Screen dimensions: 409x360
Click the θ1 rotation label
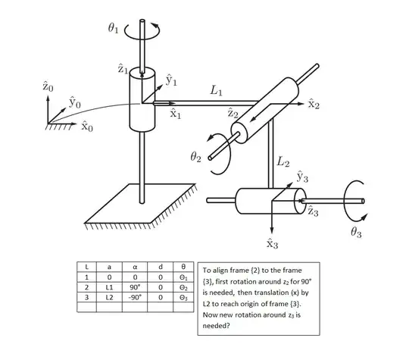pyautogui.click(x=113, y=28)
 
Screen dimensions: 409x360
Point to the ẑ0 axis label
pyautogui.click(x=48, y=86)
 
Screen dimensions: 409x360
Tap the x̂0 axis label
pyautogui.click(x=87, y=127)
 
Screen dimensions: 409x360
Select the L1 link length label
pyautogui.click(x=216, y=90)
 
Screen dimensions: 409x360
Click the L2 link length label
pyautogui.click(x=283, y=161)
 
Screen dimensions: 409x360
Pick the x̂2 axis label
pyautogui.click(x=314, y=104)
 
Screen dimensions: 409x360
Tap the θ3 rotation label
pyautogui.click(x=356, y=232)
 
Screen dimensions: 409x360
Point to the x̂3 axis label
pyautogui.click(x=273, y=243)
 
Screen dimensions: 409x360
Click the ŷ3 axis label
pyautogui.click(x=302, y=177)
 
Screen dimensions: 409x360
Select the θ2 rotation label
pyautogui.click(x=195, y=157)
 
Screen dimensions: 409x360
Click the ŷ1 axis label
pyautogui.click(x=171, y=80)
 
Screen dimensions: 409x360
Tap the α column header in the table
pyautogui.click(x=135, y=267)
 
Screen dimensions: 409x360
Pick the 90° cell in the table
pyautogui.click(x=135, y=287)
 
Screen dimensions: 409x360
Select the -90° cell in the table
pyautogui.click(x=135, y=297)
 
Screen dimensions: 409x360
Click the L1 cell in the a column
pyautogui.click(x=109, y=287)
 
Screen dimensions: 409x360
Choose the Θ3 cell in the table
pyautogui.click(x=183, y=298)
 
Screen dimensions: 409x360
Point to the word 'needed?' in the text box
pyautogui.click(x=216, y=326)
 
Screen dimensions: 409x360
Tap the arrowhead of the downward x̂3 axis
pyautogui.click(x=272, y=230)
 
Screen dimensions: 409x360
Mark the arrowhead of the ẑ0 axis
pyautogui.click(x=48, y=99)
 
